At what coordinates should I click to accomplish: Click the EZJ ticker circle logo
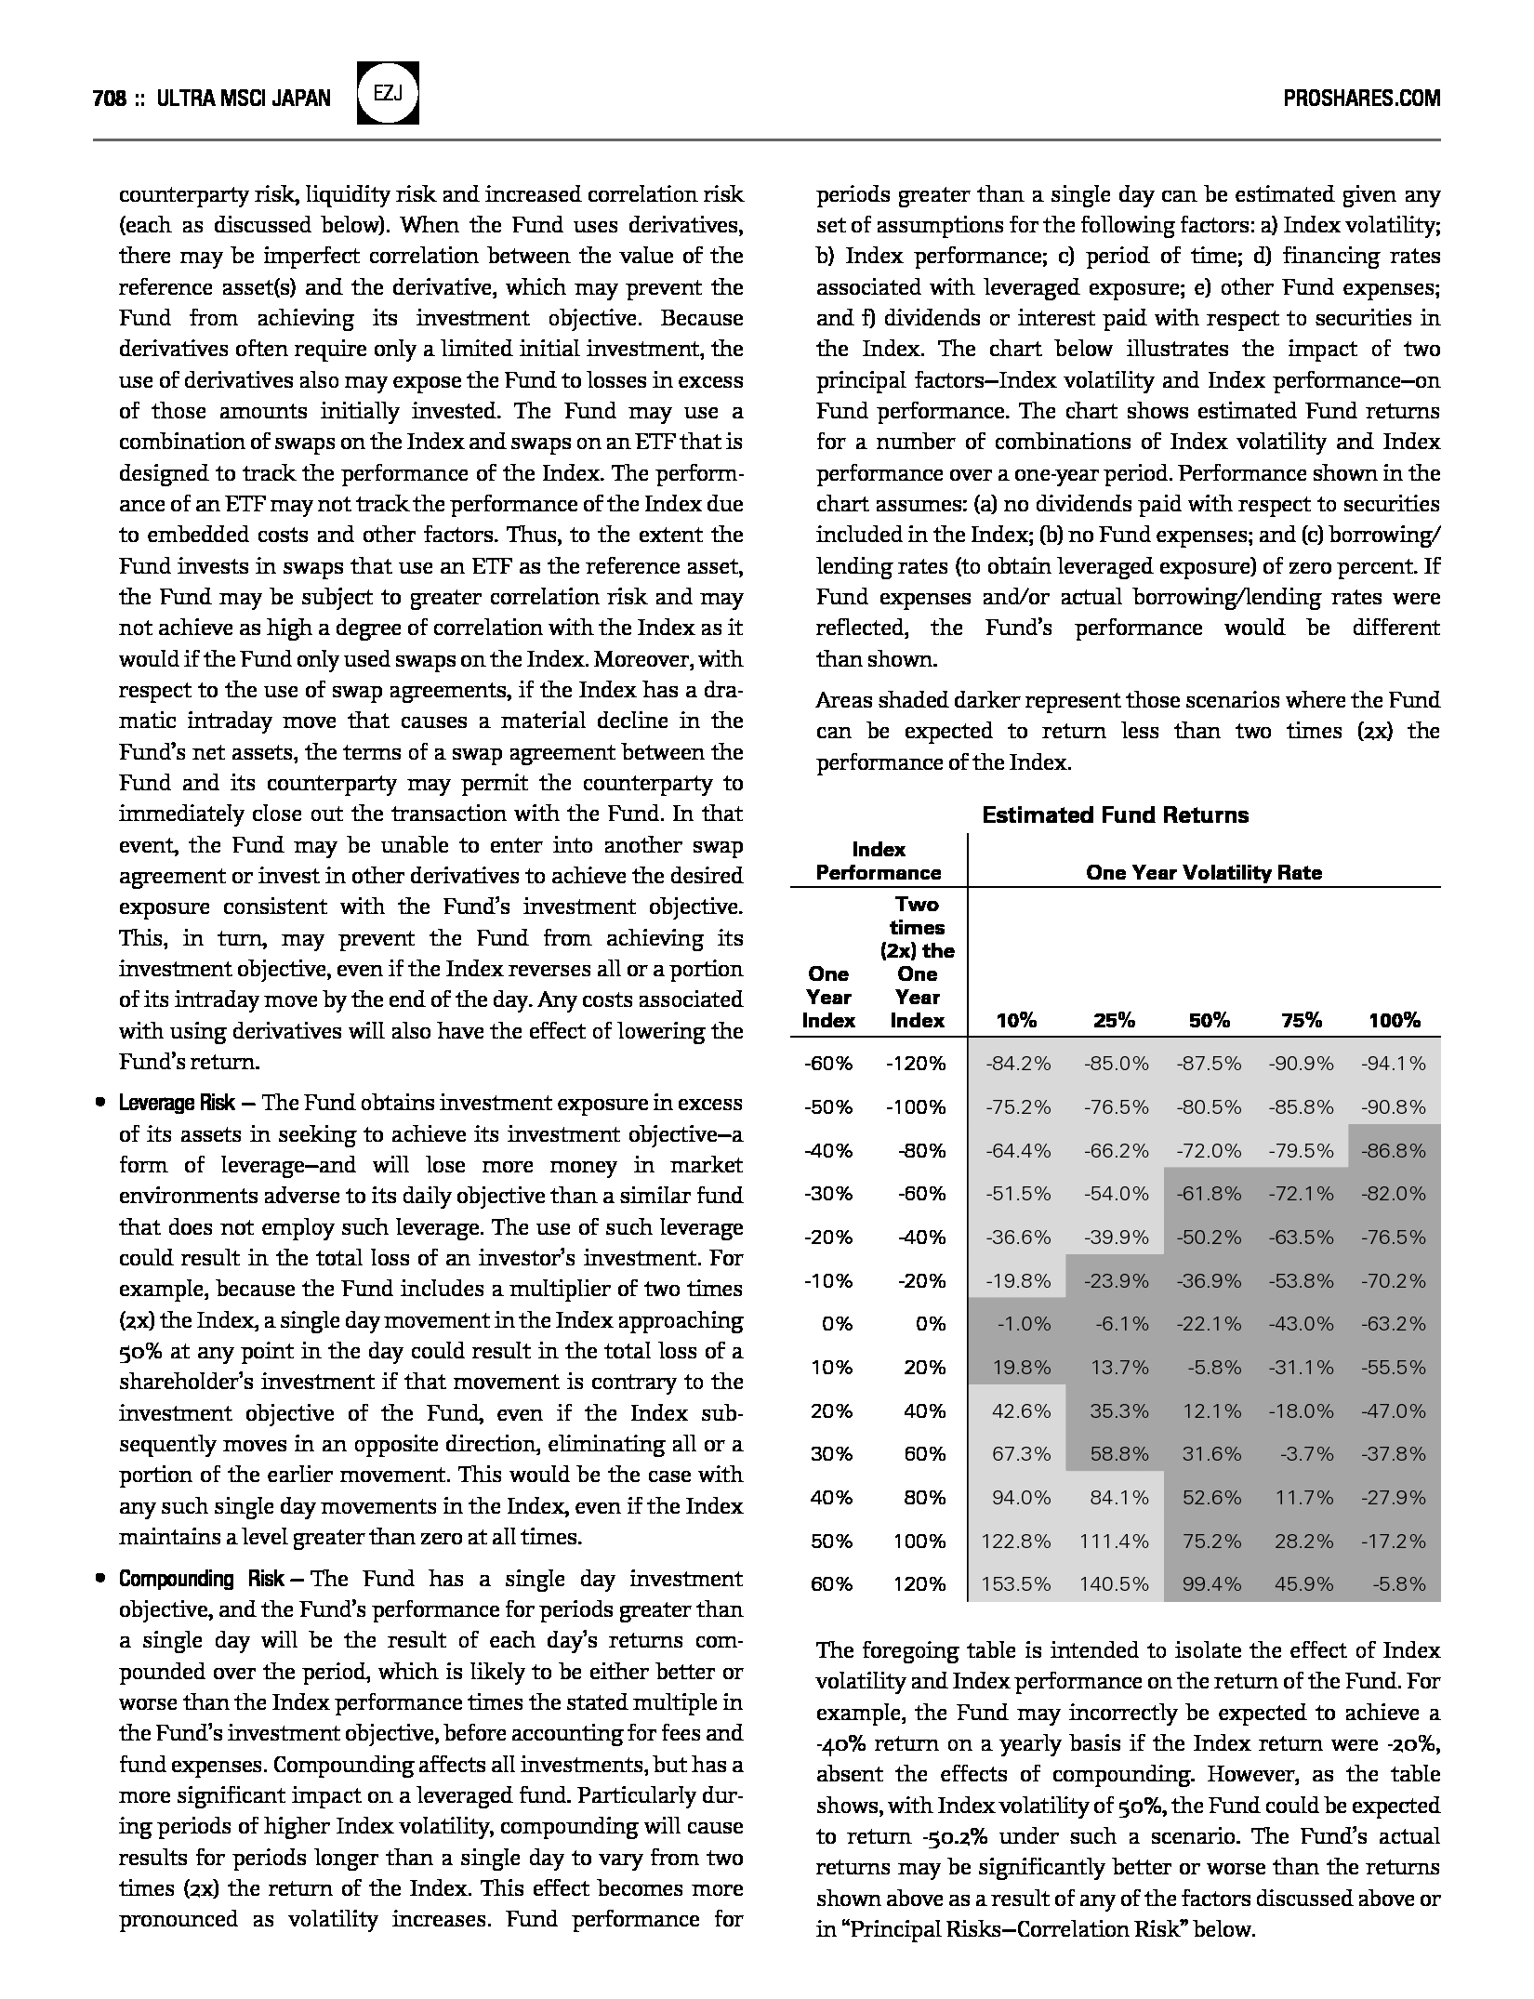388,93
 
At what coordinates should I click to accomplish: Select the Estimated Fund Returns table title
1116,815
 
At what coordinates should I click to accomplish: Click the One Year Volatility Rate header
1203,872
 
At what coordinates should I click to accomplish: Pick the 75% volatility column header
1301,1020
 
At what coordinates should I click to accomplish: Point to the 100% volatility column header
1394,1020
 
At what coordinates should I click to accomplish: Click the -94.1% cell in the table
1394,1063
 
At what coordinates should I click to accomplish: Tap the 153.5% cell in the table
1016,1583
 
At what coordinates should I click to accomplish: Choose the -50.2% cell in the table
1209,1237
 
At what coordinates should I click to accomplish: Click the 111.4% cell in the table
1114,1541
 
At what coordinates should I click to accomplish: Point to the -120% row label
916,1063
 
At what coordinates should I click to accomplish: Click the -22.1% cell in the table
1209,1323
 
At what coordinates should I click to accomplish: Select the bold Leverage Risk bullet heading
176,1103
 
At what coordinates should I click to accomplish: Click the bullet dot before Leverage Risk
99,1104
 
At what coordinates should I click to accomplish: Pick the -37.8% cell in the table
1394,1453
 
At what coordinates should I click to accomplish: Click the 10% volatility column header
1016,1020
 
